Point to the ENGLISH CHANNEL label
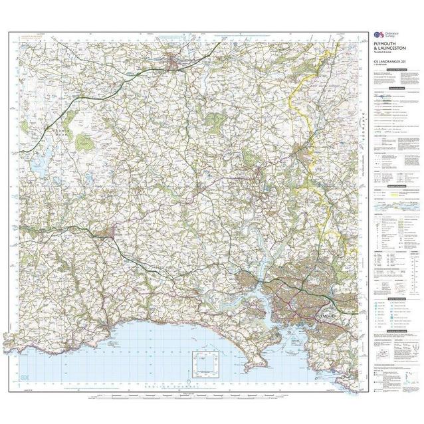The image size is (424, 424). click(x=166, y=385)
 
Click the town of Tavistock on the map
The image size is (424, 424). click(x=307, y=156)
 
